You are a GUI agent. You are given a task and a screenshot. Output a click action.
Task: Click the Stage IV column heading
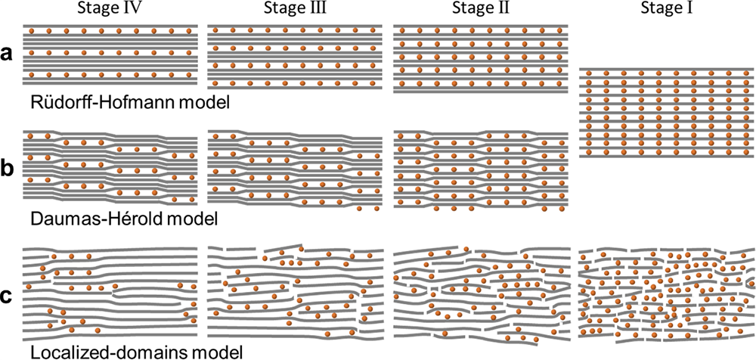pos(110,9)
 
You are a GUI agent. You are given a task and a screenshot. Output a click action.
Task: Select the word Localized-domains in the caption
pos(104,351)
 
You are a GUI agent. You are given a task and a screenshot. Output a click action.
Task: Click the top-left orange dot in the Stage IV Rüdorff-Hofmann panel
pos(31,31)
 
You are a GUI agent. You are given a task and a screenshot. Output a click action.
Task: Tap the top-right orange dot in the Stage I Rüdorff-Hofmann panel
pos(747,73)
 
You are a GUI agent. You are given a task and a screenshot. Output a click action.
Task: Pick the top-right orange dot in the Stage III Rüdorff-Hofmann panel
pos(373,30)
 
